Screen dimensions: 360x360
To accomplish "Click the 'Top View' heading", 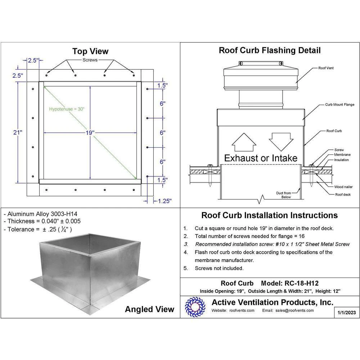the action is tap(90, 51).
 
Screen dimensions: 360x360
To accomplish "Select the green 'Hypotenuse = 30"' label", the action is tap(67, 109).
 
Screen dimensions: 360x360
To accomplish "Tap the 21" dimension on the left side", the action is tap(18, 132).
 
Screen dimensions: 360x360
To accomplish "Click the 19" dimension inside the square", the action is tap(90, 133).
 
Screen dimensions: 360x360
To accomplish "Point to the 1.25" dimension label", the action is tap(165, 201).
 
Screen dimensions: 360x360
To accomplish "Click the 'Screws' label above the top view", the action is tap(90, 60).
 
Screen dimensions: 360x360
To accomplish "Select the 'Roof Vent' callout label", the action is tap(326, 68).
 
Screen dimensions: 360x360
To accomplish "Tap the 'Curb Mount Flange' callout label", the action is tap(339, 104).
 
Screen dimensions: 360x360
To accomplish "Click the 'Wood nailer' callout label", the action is tap(343, 187).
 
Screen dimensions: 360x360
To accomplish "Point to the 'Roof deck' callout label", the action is tap(343, 195).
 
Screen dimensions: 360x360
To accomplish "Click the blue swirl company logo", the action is tap(195, 307).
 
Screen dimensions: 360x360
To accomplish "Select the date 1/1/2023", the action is tap(347, 312).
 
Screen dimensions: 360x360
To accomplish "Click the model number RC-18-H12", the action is tap(301, 283).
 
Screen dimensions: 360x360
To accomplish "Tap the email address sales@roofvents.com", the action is tap(294, 310).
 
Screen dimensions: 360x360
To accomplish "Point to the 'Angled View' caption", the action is tap(149, 309).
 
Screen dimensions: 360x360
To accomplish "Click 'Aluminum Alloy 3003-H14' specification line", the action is tap(41, 214).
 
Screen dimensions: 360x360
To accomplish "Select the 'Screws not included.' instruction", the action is tap(219, 268).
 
